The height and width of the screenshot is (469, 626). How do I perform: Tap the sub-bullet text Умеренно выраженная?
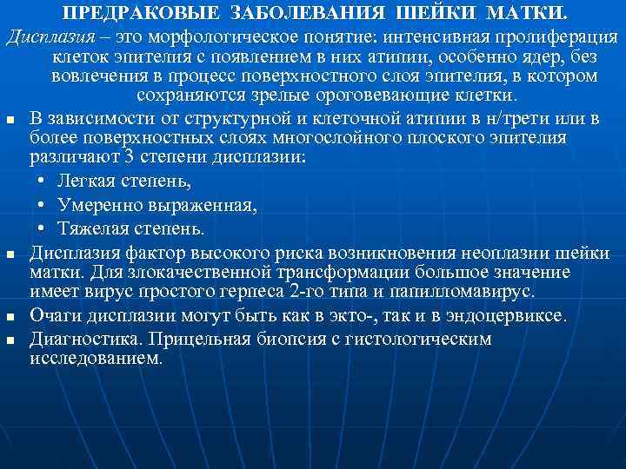(x=156, y=206)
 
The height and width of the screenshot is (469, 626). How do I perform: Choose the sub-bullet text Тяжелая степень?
(x=131, y=229)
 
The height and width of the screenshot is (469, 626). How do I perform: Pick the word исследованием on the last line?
(x=96, y=357)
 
